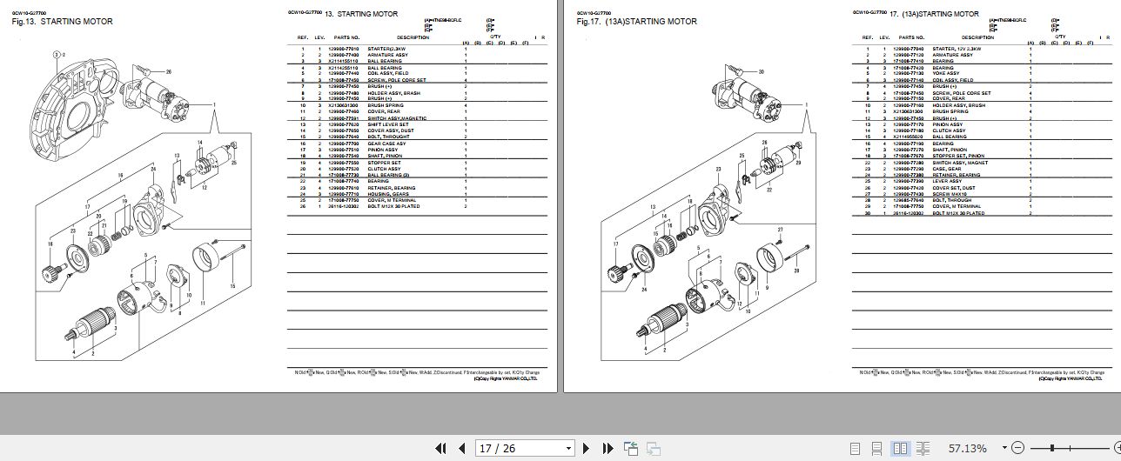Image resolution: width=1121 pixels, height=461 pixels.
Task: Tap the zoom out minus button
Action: (1015, 448)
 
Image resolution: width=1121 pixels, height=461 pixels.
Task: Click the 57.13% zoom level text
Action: (968, 448)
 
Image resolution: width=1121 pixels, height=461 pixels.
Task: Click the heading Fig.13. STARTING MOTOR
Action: (62, 22)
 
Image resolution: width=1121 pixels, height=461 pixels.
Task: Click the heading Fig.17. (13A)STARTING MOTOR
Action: (636, 22)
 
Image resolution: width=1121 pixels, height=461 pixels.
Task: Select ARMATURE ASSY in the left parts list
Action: (387, 55)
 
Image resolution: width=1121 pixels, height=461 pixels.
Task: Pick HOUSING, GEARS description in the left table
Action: (386, 194)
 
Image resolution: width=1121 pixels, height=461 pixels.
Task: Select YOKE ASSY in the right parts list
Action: (945, 73)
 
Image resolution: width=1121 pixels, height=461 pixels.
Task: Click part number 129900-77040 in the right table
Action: (910, 49)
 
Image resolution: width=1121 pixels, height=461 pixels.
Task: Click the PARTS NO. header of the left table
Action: (346, 37)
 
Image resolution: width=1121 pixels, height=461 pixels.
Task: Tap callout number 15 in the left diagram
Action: (232, 286)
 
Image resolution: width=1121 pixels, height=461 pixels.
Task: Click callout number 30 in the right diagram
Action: (736, 71)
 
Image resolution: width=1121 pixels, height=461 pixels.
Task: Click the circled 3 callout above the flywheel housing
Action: (57, 54)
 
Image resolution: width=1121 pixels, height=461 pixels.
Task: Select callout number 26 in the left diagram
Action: (168, 71)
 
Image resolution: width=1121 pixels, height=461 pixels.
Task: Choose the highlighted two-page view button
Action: (901, 448)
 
